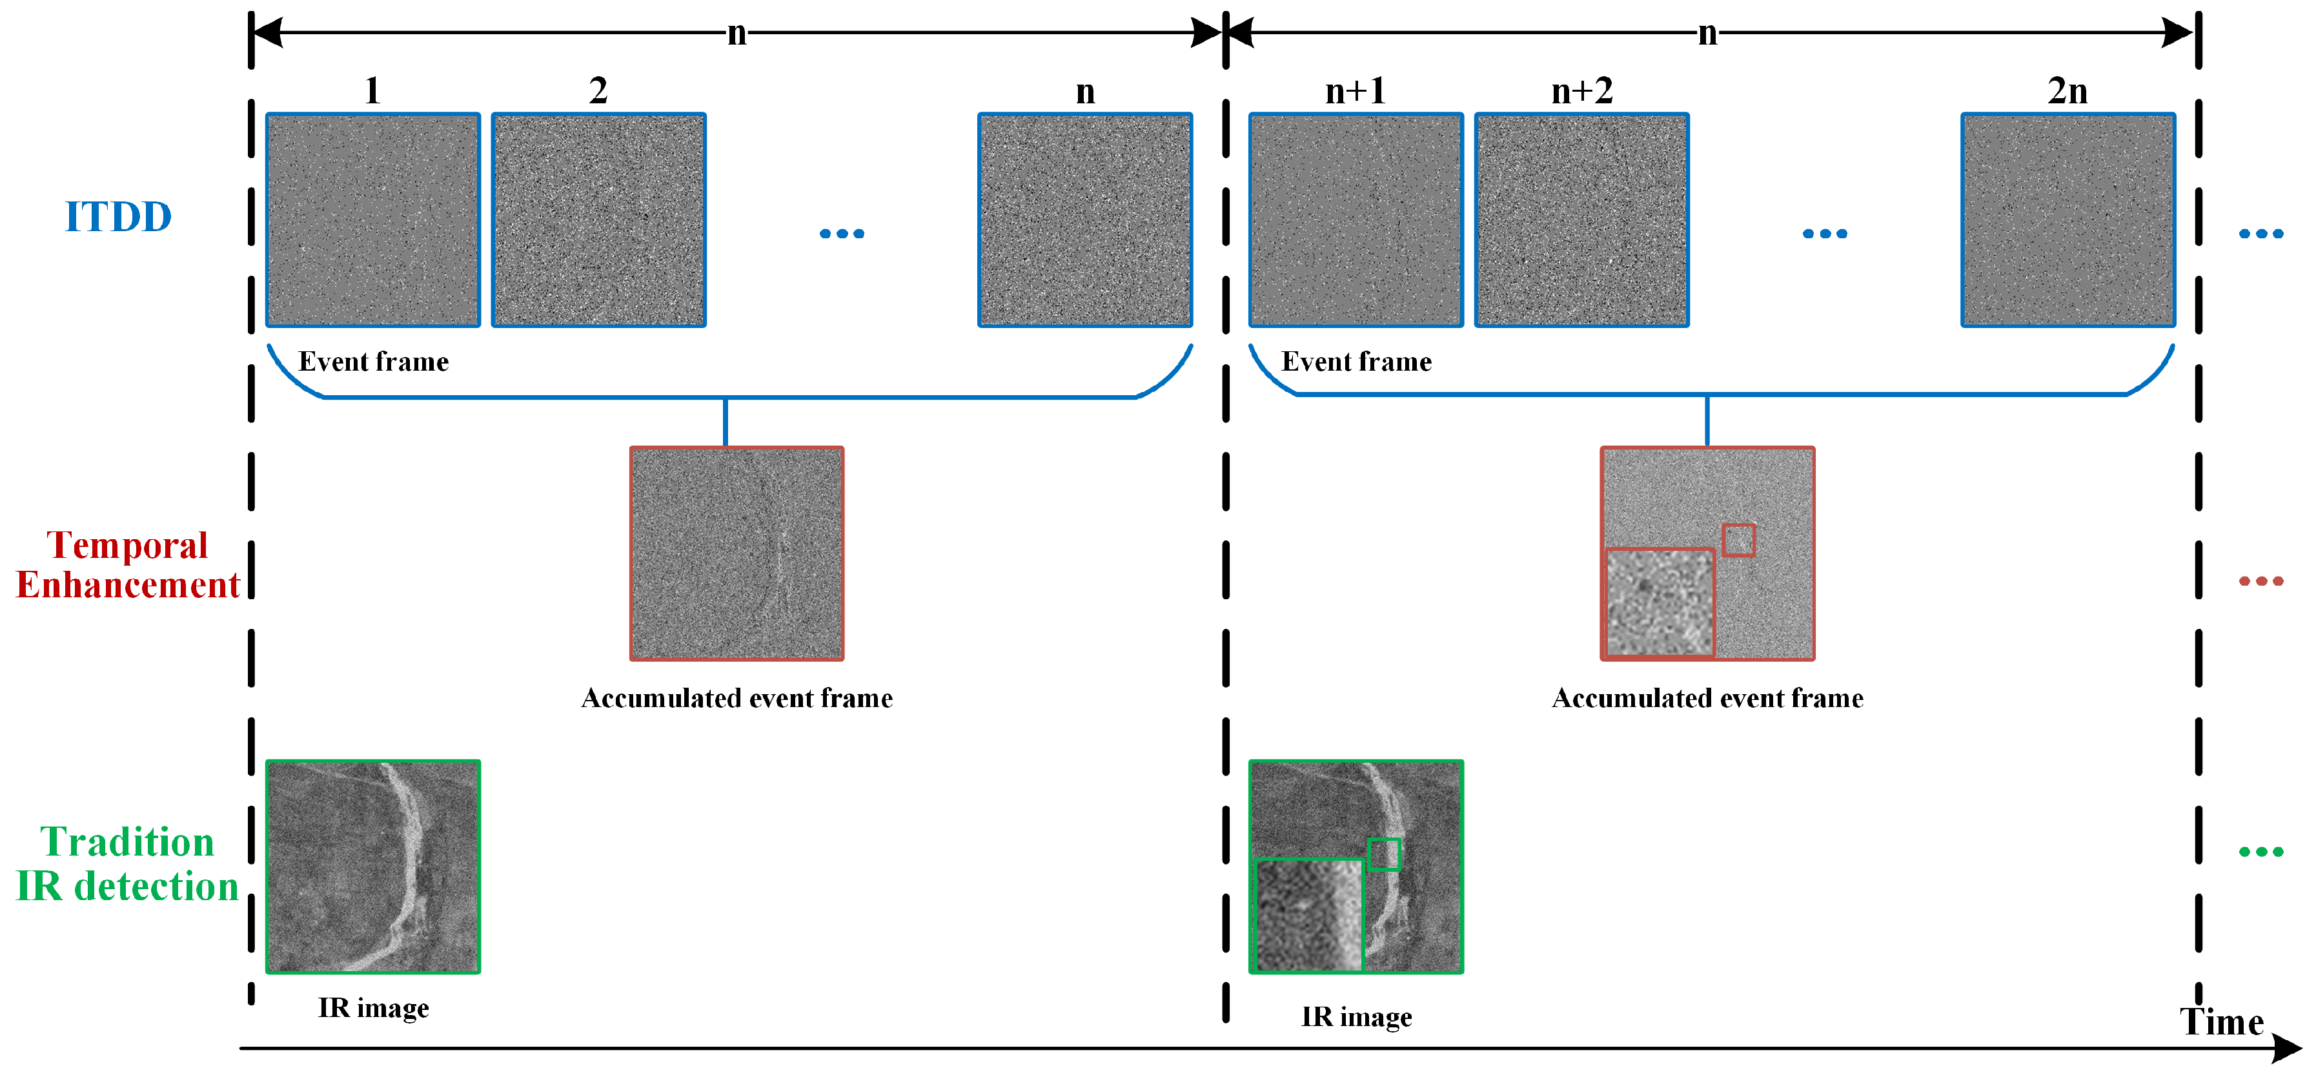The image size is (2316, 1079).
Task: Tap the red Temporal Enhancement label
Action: click(x=128, y=564)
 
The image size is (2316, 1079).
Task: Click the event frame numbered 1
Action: click(x=373, y=220)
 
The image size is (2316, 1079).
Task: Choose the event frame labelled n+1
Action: click(x=1356, y=220)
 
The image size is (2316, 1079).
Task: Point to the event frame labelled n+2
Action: click(x=1581, y=220)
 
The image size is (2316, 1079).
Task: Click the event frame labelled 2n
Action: click(x=2068, y=220)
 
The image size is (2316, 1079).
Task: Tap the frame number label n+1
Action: click(x=1355, y=91)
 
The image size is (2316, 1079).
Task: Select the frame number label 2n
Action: click(x=2067, y=91)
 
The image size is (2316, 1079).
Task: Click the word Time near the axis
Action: click(x=2220, y=1022)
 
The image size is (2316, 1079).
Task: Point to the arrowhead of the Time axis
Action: click(x=2288, y=1049)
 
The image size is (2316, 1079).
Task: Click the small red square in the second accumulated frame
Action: click(x=1738, y=540)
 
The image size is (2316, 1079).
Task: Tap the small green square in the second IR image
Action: click(x=1384, y=854)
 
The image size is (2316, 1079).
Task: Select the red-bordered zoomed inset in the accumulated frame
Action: click(x=1660, y=602)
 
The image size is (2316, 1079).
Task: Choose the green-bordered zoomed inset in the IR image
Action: click(x=1309, y=914)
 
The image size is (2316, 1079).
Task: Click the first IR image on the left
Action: click(x=373, y=867)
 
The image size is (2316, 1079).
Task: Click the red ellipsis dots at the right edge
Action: click(x=2260, y=581)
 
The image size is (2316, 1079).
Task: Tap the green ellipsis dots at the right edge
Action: click(x=2260, y=852)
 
